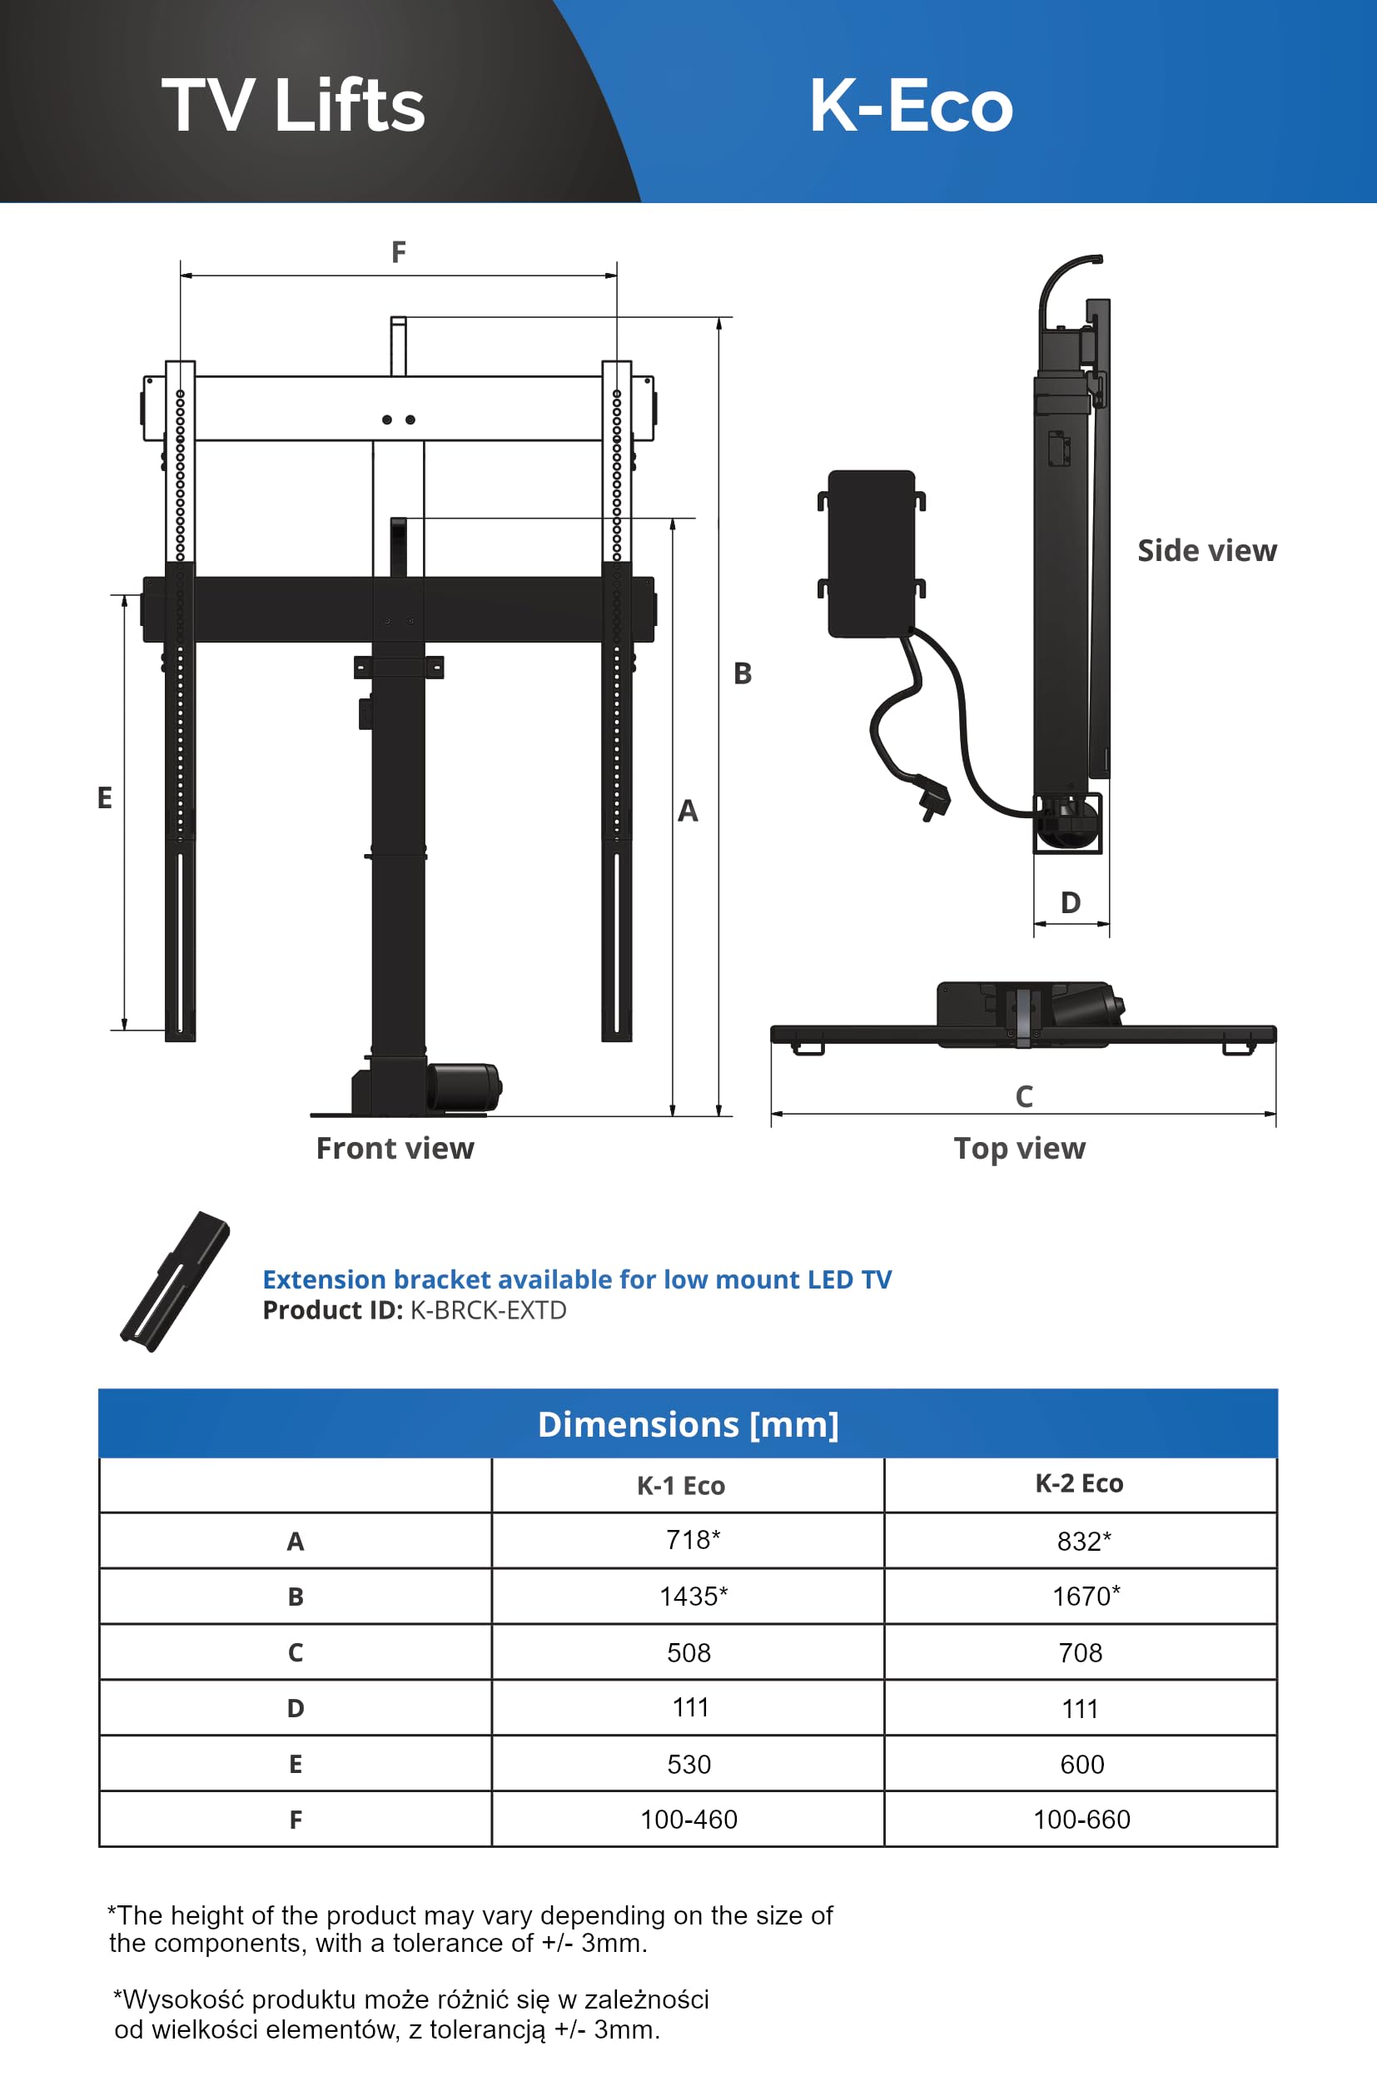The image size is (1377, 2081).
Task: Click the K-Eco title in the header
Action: pos(911,106)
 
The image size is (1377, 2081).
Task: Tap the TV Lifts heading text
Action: pos(293,106)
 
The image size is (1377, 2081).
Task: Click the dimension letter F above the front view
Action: pos(399,253)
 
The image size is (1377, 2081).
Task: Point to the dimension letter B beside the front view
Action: pos(743,673)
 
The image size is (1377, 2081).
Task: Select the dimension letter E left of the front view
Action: pos(105,798)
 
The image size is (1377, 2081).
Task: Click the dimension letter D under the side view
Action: pos(1071,902)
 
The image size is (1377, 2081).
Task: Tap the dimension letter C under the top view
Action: pos(1024,1097)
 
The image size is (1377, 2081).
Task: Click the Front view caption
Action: pos(395,1149)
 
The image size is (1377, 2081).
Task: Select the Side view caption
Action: pos(1207,550)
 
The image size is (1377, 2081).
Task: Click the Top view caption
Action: pos(1020,1150)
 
